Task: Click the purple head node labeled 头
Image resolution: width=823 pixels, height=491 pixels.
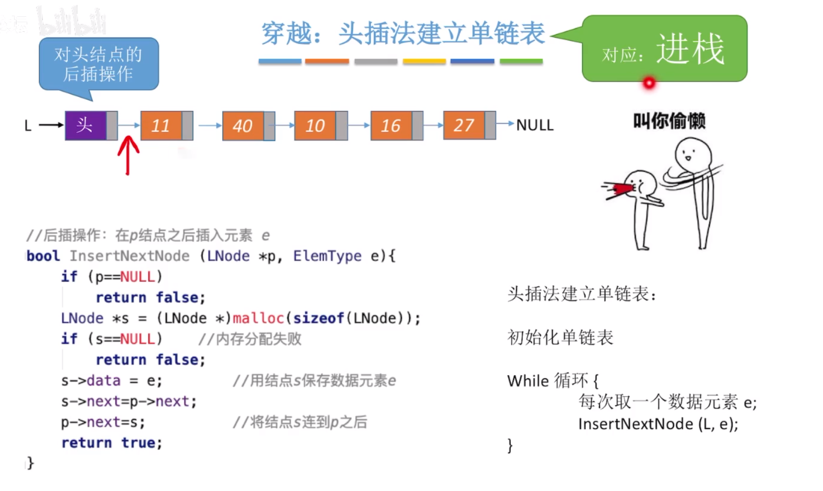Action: pos(86,125)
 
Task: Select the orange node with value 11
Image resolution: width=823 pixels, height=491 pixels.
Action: pos(161,126)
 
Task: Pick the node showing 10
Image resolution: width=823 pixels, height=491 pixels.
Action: pos(315,126)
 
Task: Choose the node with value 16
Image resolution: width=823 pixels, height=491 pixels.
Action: pos(391,126)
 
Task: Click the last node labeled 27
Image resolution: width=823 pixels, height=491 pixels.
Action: pos(463,125)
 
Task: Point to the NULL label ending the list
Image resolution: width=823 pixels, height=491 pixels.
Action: pos(535,125)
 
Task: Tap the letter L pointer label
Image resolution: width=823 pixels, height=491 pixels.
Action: pos(28,126)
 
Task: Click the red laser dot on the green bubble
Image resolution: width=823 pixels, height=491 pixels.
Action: pos(649,83)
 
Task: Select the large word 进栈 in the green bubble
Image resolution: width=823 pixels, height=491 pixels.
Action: pos(690,49)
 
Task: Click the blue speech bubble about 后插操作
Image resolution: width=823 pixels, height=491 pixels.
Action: pos(98,64)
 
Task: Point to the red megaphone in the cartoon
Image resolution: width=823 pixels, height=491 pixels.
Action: pos(621,189)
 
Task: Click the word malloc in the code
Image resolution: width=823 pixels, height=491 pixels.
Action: pos(258,318)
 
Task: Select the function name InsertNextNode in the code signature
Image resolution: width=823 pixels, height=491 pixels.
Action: pos(129,256)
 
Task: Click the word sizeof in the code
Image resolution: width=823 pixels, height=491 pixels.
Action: pos(318,318)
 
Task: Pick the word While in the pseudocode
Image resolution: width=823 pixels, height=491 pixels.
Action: pos(528,381)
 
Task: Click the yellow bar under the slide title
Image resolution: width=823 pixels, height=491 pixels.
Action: pos(424,62)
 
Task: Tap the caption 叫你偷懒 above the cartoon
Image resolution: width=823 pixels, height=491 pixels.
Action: pos(669,121)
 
